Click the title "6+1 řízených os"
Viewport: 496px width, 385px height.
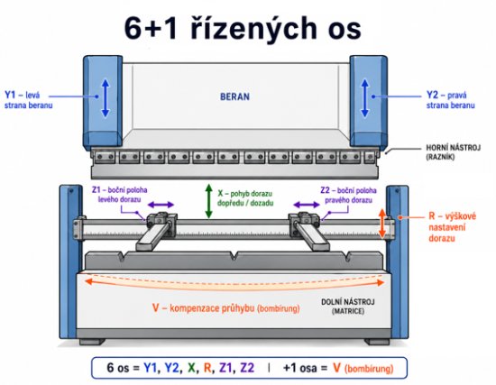(243, 29)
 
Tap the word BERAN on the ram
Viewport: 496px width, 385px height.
(234, 96)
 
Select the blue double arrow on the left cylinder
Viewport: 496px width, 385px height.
(106, 98)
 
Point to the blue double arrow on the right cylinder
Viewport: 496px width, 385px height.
(365, 98)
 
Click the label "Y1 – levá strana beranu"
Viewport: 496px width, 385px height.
(28, 100)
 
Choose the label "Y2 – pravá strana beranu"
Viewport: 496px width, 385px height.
(450, 100)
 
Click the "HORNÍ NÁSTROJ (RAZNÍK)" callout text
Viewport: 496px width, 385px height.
(453, 151)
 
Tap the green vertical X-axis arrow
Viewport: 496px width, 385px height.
(208, 201)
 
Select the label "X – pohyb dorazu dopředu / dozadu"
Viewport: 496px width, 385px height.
(245, 198)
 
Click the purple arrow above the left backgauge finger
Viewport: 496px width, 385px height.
(161, 205)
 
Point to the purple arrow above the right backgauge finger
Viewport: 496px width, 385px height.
(307, 205)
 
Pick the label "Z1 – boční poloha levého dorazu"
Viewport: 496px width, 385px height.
(120, 195)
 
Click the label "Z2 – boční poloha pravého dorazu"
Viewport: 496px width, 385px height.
(348, 195)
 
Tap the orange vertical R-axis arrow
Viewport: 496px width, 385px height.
(382, 223)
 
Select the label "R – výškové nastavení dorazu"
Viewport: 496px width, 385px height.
(452, 227)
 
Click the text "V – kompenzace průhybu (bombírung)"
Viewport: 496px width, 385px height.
(225, 307)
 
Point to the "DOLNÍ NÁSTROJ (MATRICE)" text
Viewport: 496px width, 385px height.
(347, 307)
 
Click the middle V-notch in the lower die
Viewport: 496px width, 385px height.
(234, 255)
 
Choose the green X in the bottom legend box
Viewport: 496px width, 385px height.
(191, 368)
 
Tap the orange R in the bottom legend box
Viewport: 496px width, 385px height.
(207, 368)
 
